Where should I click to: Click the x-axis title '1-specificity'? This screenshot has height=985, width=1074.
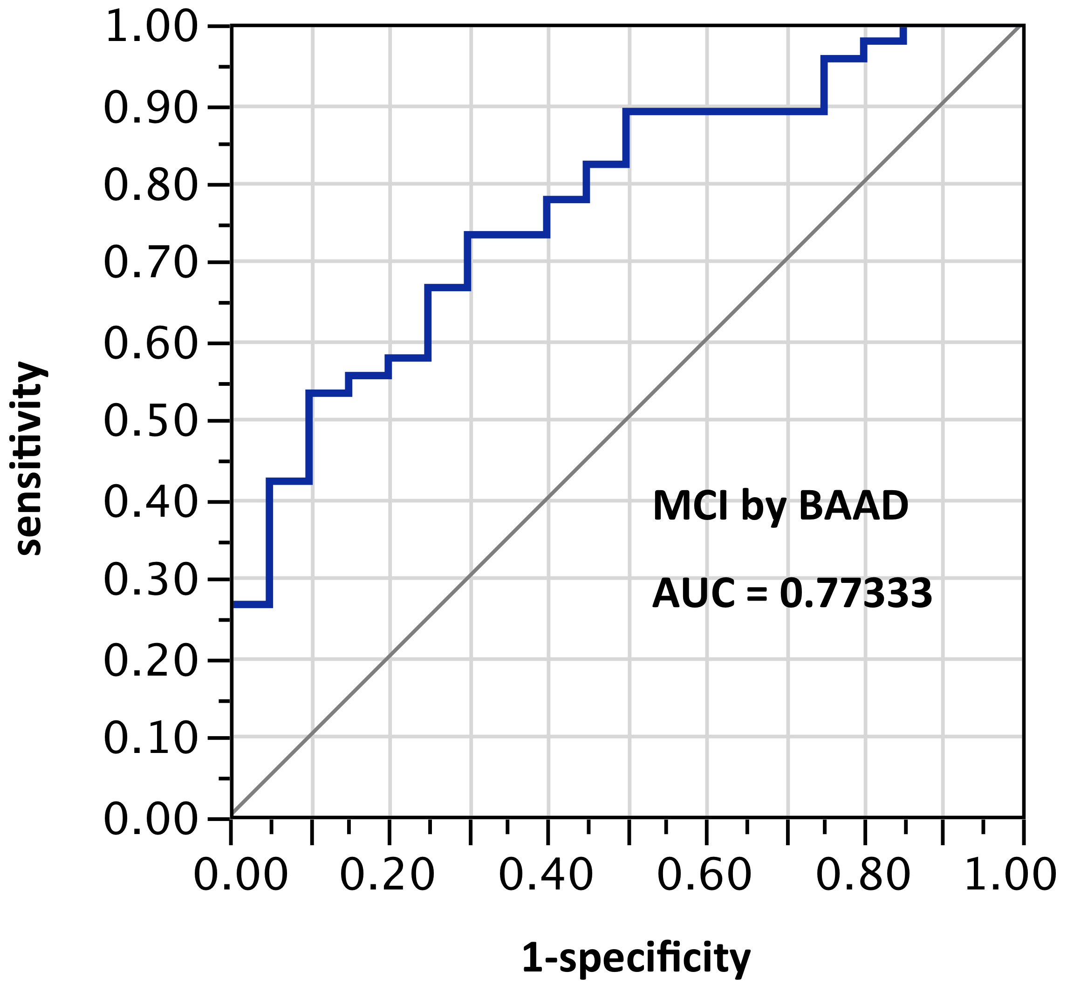coord(636,958)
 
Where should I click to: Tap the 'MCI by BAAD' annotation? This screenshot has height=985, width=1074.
coord(780,506)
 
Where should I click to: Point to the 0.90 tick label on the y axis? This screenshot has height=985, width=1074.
coord(150,107)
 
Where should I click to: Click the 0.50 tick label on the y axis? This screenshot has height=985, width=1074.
coord(150,421)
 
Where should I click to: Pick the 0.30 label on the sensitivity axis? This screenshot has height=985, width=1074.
coord(150,579)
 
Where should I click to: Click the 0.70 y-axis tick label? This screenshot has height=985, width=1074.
coord(150,263)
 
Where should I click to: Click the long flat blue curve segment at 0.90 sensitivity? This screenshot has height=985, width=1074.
coord(725,111)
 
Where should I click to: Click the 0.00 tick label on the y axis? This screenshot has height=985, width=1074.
coord(150,819)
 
